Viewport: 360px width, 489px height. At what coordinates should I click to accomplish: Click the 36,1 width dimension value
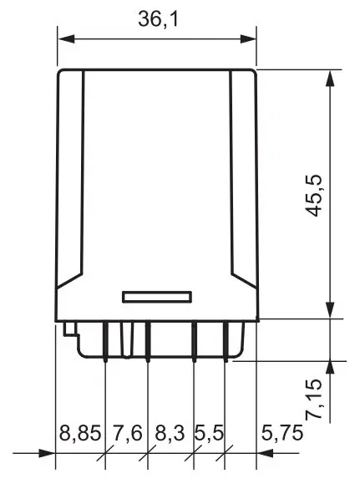pos(157,19)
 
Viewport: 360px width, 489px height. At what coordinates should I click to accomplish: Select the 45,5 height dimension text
pos(315,196)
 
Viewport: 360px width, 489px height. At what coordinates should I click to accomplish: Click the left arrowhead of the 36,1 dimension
pos(63,38)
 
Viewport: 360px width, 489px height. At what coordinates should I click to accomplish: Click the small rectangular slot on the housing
pos(158,296)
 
